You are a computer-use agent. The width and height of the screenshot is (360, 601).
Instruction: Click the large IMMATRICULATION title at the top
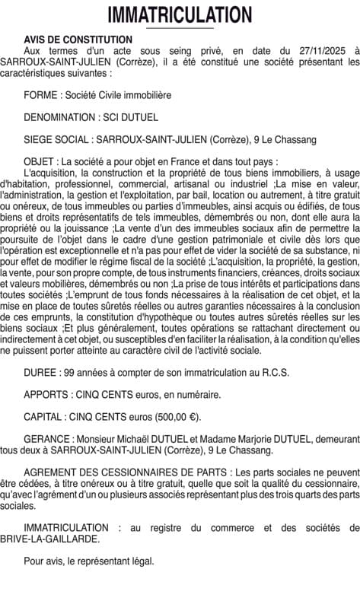point(180,14)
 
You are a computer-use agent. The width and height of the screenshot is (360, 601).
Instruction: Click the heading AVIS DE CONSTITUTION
point(78,40)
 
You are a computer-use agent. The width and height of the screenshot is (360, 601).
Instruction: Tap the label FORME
point(39,95)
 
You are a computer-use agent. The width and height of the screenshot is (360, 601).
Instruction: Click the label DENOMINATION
point(59,118)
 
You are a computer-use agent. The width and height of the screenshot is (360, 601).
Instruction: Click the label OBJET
point(39,162)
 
